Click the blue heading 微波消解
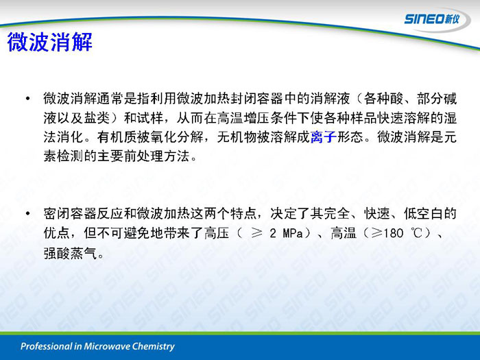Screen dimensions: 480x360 [49, 42]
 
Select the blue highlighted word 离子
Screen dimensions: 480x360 [323, 137]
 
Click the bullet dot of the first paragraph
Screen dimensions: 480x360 [28, 99]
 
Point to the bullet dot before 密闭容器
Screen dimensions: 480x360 [28, 213]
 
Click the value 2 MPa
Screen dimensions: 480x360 [286, 233]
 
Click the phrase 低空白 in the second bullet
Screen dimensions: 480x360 [423, 213]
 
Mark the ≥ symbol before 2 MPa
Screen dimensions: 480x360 [256, 234]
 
